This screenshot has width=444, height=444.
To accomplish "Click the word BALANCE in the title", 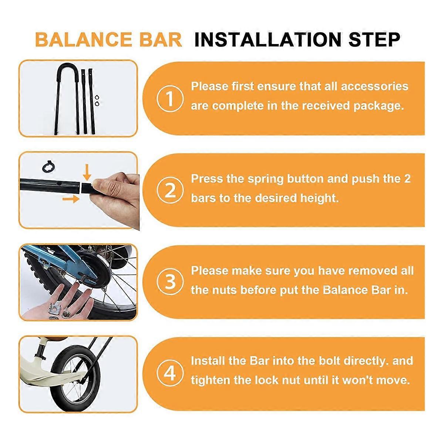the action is (84, 40).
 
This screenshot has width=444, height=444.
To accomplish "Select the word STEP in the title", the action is (375, 40).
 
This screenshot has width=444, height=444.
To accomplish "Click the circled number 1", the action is (170, 98).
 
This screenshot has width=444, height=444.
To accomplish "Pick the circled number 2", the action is (170, 190).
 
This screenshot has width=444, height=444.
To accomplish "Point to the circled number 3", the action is (170, 282).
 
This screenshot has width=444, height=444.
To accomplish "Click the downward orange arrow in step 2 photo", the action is (87, 172).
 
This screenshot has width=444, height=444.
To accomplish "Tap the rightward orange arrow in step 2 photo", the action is (71, 199).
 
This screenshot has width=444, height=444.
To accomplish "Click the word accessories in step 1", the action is (374, 87).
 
